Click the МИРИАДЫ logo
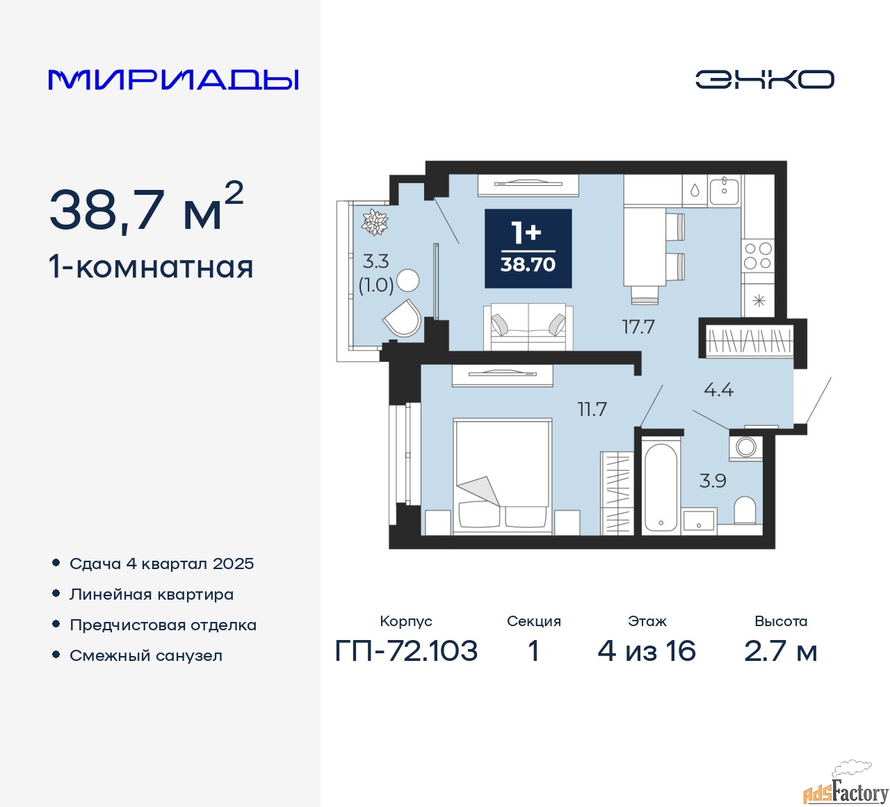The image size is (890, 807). pos(173,79)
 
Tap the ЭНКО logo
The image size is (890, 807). pos(764,79)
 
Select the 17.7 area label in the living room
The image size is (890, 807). pos(638,326)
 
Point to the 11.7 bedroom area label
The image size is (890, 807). pos(592,409)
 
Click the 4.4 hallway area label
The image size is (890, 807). pos(718,390)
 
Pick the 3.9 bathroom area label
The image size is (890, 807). pos(713,480)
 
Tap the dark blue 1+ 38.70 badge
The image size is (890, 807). pos(528,248)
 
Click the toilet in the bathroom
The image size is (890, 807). pos(745,510)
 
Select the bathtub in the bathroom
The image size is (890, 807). pos(660,487)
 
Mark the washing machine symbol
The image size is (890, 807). pos(746,447)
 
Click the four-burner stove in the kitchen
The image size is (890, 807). pos(758,255)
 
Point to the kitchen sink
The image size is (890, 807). pos(725,189)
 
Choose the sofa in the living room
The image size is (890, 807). pos(528,326)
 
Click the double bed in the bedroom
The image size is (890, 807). pos(502,477)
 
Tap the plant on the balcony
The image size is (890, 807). pos(375,222)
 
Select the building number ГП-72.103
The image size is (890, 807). pos(406,651)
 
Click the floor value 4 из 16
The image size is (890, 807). pos(647,651)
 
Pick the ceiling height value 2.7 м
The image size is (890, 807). pos(780,651)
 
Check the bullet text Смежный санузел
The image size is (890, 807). pos(146,655)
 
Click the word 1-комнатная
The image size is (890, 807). pos(151,267)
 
